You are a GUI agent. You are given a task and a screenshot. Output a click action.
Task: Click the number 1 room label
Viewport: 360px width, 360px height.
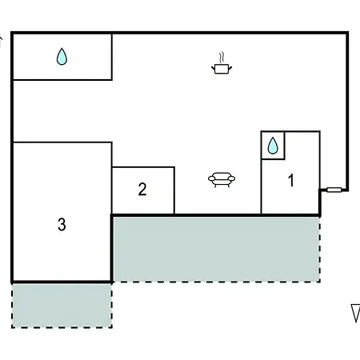click(x=291, y=180)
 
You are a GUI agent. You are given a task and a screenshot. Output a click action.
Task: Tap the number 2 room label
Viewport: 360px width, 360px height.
click(x=142, y=190)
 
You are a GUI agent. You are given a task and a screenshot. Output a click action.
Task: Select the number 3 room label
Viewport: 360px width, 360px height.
click(x=62, y=224)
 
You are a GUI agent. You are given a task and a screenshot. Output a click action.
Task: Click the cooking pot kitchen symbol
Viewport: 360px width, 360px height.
click(x=222, y=63)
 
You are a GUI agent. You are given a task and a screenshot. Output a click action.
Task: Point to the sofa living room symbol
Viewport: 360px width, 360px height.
click(x=222, y=180)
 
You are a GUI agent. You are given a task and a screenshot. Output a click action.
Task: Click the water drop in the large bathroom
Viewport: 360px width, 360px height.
click(x=62, y=57)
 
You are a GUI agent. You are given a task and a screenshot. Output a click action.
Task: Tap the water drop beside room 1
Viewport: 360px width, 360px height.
click(x=273, y=146)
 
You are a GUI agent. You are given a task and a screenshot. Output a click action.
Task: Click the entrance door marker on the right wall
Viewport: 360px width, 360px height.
click(x=334, y=190)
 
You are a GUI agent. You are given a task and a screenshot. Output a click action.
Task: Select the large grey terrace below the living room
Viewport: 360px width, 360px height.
click(x=216, y=249)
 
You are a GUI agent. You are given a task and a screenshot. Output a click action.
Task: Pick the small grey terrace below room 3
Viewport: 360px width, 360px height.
click(x=62, y=306)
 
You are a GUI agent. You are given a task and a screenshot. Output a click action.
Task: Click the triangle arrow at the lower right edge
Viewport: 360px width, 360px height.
click(x=356, y=313)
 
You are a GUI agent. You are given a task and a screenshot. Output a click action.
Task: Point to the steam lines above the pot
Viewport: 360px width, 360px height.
click(x=222, y=58)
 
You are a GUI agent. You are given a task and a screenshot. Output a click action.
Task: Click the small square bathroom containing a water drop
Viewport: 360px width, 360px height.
click(x=273, y=146)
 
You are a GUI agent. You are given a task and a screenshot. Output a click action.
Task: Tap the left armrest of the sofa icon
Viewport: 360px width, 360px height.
click(x=212, y=178)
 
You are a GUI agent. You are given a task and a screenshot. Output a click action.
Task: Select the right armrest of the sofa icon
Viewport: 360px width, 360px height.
click(x=231, y=178)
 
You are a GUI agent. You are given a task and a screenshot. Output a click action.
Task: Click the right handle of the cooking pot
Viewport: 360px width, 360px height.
click(x=230, y=69)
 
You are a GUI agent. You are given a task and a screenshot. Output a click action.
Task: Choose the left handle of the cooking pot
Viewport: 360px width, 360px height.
click(x=214, y=69)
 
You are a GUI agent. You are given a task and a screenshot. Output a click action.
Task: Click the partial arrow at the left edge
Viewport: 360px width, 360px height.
click(x=1, y=42)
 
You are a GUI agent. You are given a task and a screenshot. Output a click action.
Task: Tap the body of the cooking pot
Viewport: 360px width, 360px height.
click(x=222, y=69)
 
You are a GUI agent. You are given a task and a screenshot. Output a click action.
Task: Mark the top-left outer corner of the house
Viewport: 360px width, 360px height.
click(x=11, y=32)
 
